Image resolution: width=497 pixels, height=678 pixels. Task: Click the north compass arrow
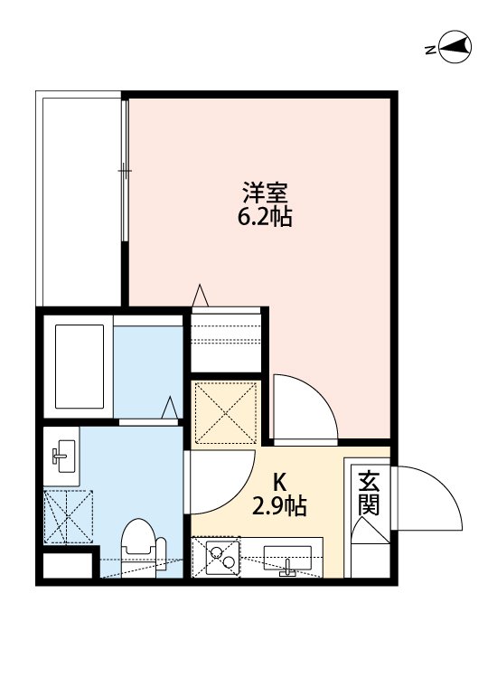point(451,48)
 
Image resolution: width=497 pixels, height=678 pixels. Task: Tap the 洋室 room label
point(266,193)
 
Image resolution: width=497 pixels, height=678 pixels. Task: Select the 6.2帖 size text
point(266,217)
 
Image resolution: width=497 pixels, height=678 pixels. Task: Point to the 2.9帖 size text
point(279,506)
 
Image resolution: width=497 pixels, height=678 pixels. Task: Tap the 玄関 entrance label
point(368,493)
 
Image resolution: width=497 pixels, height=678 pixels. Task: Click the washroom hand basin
point(63,456)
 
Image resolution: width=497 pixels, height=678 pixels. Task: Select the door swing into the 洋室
point(304,409)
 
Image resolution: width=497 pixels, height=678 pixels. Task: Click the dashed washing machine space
point(68,518)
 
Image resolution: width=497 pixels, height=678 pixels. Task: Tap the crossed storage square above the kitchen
point(227,411)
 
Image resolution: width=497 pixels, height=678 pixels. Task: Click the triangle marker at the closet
point(202,297)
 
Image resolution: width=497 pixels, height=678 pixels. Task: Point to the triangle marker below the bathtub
point(169,409)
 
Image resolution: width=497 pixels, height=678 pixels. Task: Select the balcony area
point(80,199)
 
